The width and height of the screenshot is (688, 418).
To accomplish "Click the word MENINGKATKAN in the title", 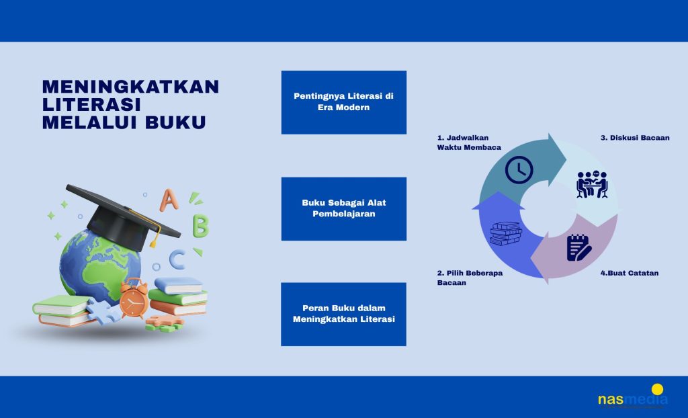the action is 130,87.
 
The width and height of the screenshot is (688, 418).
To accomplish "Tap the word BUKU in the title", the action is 175,122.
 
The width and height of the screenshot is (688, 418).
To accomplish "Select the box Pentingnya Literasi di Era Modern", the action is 343,102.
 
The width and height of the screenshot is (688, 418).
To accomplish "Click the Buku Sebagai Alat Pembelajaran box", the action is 343,209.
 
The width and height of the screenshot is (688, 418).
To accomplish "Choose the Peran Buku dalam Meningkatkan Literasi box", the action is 343,315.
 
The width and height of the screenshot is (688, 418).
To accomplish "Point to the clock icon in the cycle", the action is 519,169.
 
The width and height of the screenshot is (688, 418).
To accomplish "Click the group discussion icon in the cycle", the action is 592,184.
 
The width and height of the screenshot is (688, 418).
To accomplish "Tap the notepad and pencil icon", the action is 578,248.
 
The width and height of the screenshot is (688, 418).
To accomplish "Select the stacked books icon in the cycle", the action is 506,234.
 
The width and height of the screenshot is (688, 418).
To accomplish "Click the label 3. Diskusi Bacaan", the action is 635,138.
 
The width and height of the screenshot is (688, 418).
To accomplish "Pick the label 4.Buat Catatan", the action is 629,273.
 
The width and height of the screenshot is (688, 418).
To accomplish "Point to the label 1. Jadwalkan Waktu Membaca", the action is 469,142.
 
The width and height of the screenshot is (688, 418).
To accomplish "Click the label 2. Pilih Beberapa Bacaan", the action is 470,278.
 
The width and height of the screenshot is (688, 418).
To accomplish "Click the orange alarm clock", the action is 134,298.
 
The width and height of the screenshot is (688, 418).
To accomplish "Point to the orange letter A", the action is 169,200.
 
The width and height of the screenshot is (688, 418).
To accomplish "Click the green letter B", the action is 200,226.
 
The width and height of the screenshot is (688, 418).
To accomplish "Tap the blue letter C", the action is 177,259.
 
